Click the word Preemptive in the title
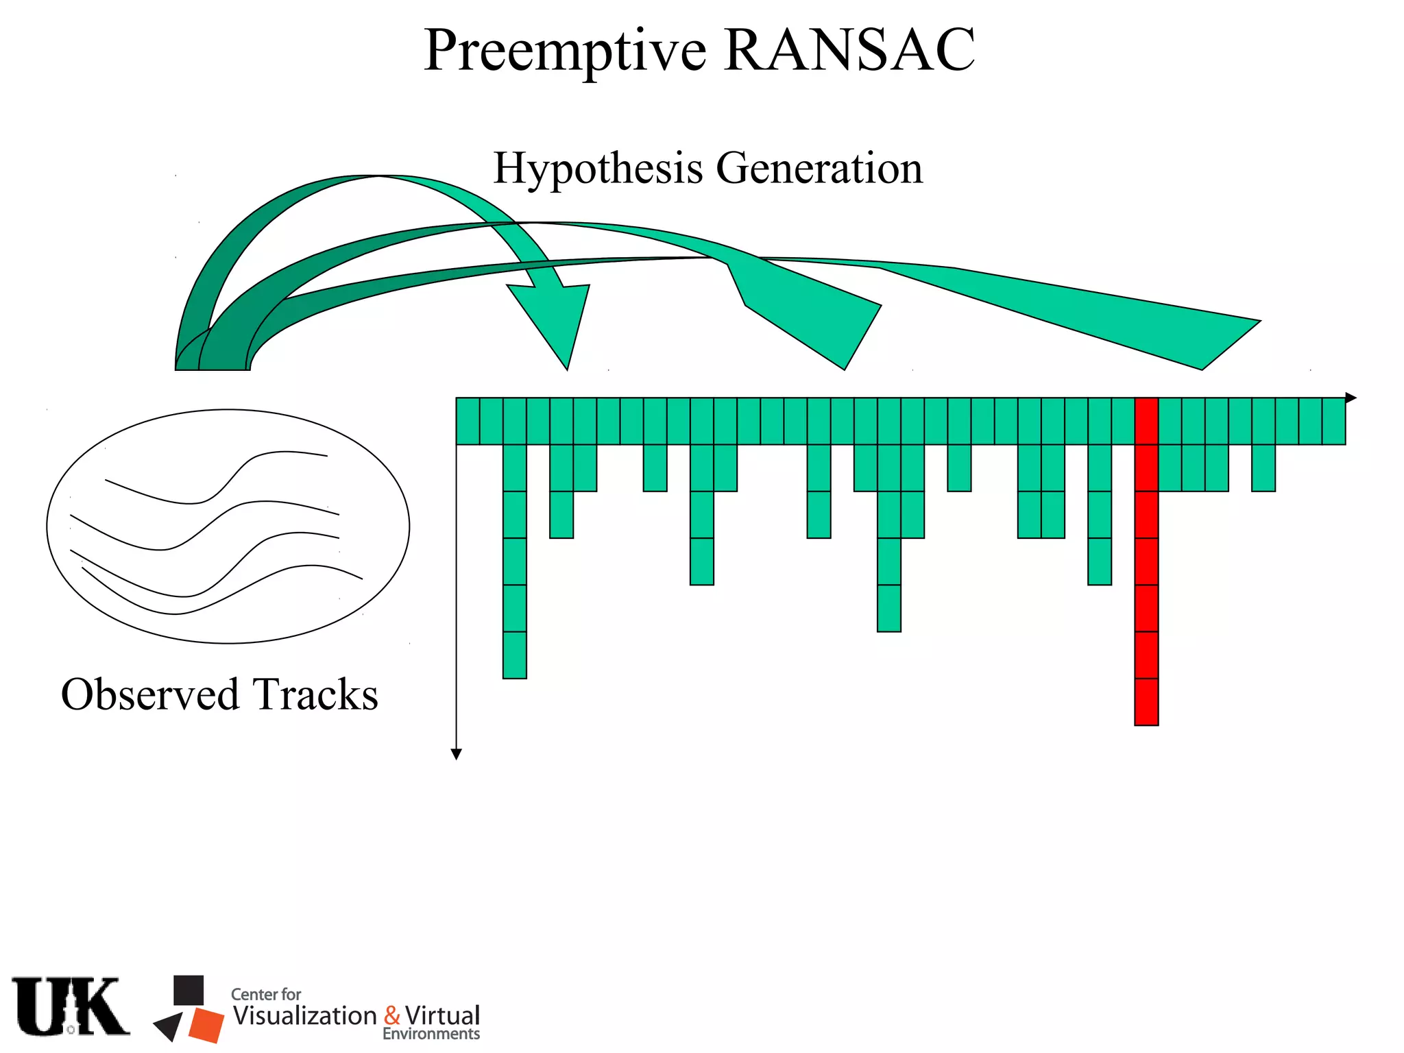tap(565, 51)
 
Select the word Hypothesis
tap(598, 169)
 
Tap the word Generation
tap(819, 169)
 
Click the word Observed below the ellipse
tap(149, 694)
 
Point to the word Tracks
tap(315, 694)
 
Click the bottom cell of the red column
tap(1146, 702)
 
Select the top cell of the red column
tap(1146, 421)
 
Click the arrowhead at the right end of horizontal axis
tap(1351, 398)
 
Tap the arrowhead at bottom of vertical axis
tap(457, 754)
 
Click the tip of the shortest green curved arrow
tap(567, 367)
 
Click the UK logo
tap(71, 1006)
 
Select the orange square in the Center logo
tap(206, 1025)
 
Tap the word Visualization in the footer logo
tap(305, 1015)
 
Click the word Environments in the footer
tap(431, 1034)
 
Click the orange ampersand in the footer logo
tap(392, 1015)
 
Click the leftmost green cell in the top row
tap(468, 421)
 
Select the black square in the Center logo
tap(189, 990)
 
